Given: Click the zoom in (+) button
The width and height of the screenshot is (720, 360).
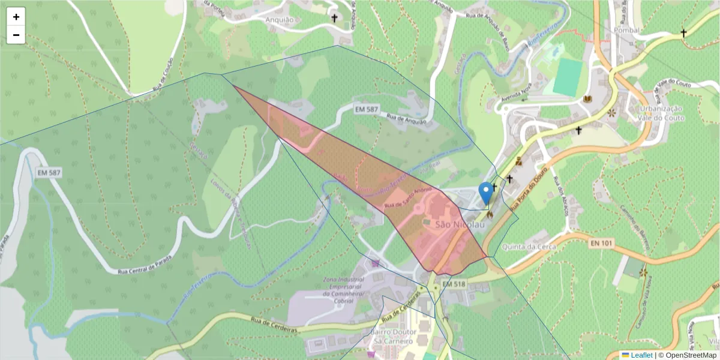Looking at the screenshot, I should coord(16,17).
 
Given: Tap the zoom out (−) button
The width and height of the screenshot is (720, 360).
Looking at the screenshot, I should coord(16,35).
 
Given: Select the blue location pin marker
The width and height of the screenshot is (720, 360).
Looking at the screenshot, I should coord(485,194).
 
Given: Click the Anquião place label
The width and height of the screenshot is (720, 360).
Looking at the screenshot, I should coord(280,19).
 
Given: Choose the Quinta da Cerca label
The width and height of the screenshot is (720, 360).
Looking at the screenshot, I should coord(529,246).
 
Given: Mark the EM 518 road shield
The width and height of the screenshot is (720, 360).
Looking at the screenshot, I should coord(454,283).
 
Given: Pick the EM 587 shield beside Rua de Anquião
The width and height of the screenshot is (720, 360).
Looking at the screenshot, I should coord(367,109).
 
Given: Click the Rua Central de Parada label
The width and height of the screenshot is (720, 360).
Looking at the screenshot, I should coord(145,265).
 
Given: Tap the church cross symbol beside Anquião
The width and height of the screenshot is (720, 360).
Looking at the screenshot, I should coord(335,19).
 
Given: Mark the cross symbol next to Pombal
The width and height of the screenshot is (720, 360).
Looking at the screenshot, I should coord(683,33).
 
